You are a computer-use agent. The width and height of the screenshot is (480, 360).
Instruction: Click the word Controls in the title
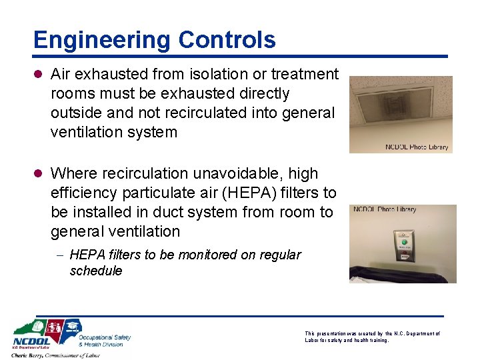pyautogui.click(x=227, y=40)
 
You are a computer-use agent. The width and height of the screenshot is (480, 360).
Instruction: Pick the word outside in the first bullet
pyautogui.click(x=74, y=113)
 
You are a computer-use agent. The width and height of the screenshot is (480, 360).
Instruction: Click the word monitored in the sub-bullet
pyautogui.click(x=216, y=255)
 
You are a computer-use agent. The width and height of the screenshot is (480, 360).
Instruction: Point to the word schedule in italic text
pyautogui.click(x=96, y=271)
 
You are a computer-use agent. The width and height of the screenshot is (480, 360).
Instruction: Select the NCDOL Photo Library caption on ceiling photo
pyautogui.click(x=417, y=147)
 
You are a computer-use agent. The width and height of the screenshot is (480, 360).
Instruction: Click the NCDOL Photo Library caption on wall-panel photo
pyautogui.click(x=385, y=209)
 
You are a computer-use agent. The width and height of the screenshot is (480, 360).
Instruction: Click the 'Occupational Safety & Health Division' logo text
pyautogui.click(x=104, y=341)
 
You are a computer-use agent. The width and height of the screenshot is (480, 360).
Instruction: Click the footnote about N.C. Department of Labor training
pyautogui.click(x=372, y=337)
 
